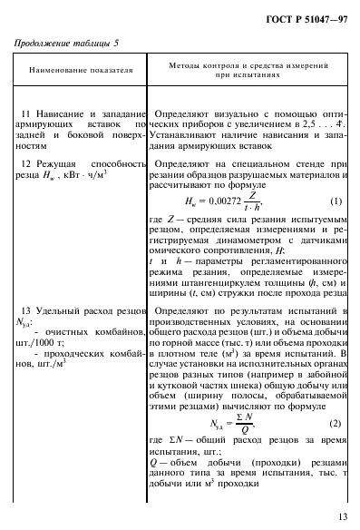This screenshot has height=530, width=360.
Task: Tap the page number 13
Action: click(x=340, y=516)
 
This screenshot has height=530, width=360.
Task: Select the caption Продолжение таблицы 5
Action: click(x=64, y=42)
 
